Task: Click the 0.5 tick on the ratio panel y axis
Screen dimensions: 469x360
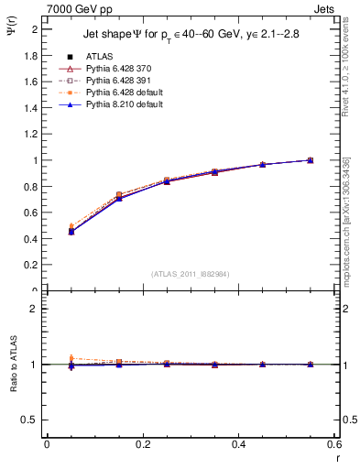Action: click(32, 420)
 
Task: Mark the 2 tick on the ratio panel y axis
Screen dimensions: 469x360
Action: click(36, 309)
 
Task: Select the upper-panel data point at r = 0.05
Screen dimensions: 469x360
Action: click(71, 231)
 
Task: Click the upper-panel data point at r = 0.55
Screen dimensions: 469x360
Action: click(311, 160)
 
